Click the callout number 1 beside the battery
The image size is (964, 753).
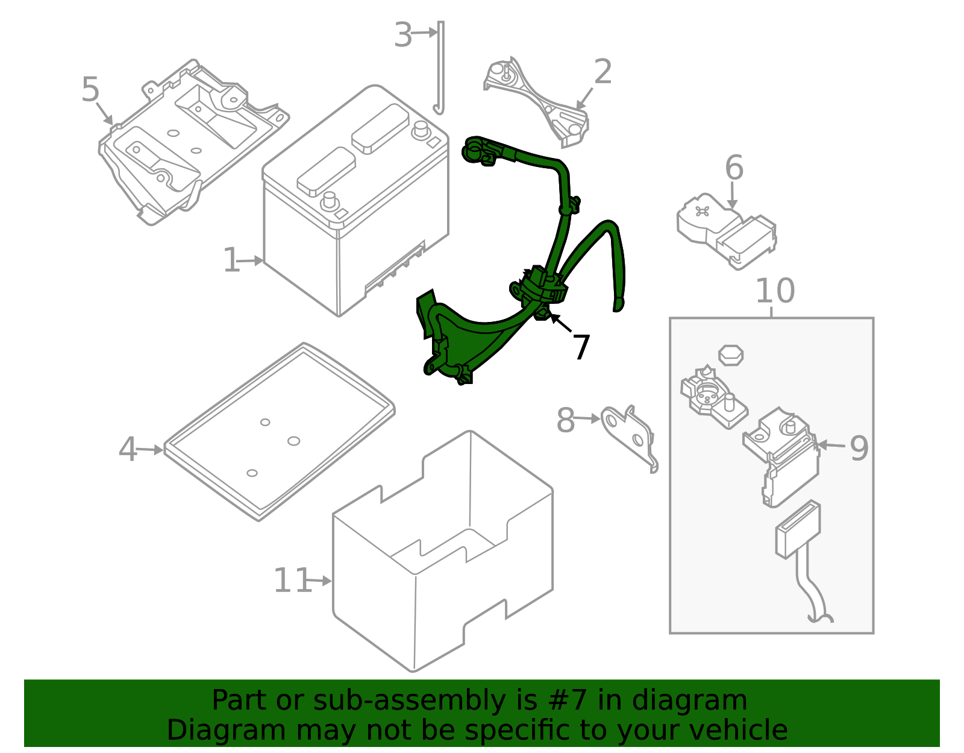coord(231,260)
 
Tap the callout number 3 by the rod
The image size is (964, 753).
coord(403,34)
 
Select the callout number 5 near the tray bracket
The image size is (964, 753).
coord(90,90)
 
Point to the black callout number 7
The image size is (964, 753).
coord(580,348)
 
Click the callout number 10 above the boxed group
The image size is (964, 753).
coord(774,291)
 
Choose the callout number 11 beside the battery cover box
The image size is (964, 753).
coord(292,581)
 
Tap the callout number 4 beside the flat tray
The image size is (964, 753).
coord(127,449)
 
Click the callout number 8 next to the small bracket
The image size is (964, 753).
coord(565,420)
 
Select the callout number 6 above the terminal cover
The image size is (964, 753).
coord(734,167)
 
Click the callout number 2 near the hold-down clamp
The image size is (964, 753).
coord(602,72)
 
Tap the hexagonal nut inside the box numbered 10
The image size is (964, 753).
coord(730,354)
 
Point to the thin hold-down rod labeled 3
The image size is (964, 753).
coord(440,66)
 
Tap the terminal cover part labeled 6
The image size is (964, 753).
coord(726,229)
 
